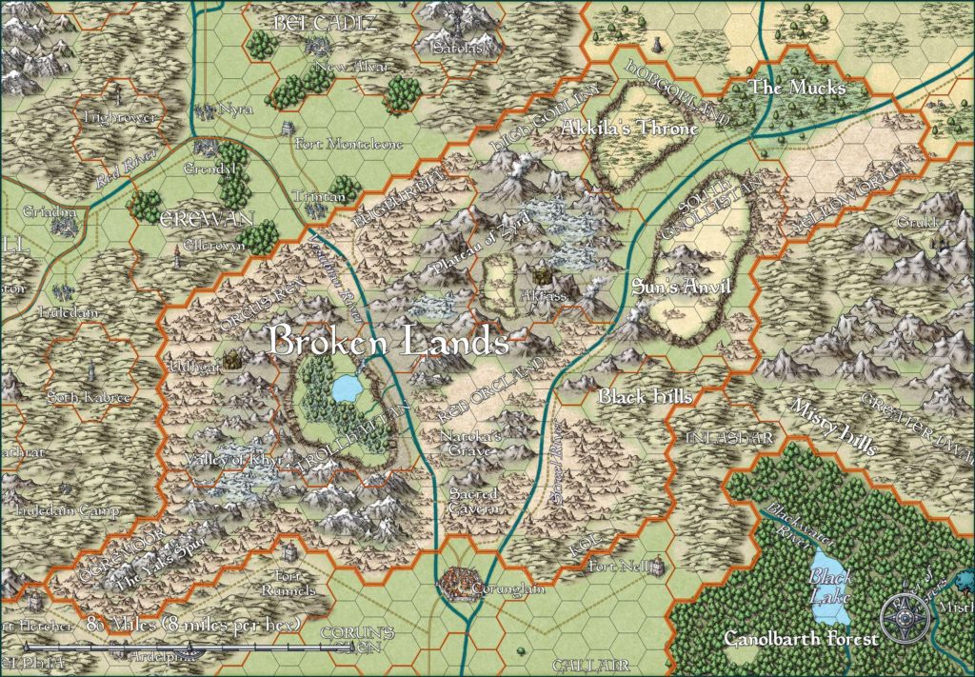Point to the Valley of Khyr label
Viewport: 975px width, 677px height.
227,461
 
